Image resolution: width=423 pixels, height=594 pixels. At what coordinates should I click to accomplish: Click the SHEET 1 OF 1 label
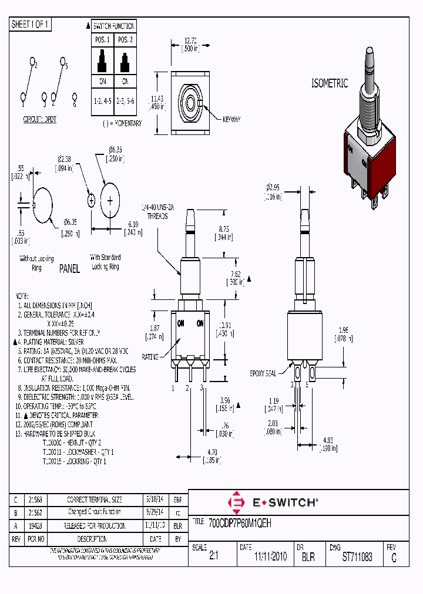point(31,24)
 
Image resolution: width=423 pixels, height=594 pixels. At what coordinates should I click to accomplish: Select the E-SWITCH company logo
point(273,502)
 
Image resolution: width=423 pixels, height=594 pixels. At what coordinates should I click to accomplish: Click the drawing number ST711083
point(357,557)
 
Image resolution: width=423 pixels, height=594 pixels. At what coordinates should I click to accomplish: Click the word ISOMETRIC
point(330,84)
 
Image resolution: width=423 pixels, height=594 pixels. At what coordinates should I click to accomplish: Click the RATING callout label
point(150,356)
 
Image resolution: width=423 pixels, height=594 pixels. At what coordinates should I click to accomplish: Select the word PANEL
point(69,269)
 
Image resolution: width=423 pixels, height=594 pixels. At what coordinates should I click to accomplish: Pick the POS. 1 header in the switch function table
point(102,39)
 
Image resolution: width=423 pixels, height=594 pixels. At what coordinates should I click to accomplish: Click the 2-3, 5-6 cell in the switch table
point(125,101)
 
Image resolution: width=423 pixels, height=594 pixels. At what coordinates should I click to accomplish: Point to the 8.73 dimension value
point(223,229)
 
